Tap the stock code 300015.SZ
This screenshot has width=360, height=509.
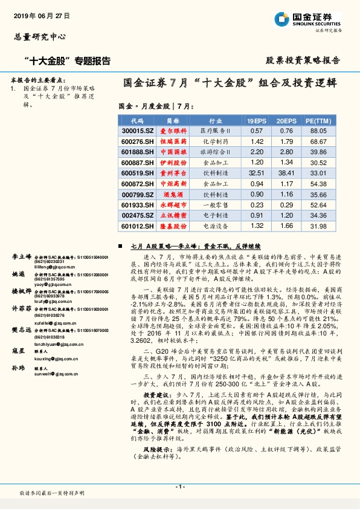[x=137, y=131]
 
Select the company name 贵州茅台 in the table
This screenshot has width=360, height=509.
[x=173, y=174]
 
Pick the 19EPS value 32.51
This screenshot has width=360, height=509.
[x=257, y=174]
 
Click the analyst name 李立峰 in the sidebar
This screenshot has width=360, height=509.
[x=21, y=257]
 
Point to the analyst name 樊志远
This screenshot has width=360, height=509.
[x=21, y=330]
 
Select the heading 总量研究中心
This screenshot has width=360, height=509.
[x=39, y=37]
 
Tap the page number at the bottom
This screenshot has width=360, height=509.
[x=179, y=487]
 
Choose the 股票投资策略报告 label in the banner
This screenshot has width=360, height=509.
[x=303, y=60]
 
